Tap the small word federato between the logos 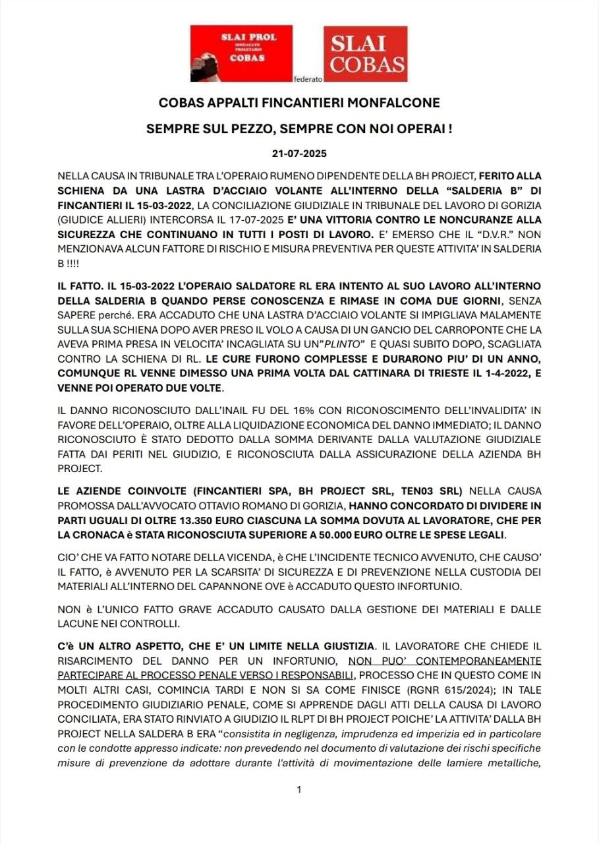308,79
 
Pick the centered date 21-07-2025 299,153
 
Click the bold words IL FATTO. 80,286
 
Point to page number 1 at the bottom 299,789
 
